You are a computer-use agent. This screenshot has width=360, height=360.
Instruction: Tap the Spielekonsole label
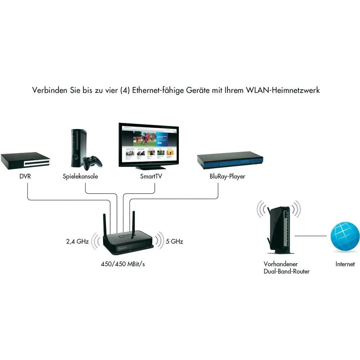80,177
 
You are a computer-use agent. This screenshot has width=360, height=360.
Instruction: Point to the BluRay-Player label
228,177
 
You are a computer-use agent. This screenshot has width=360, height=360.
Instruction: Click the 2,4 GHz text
77,242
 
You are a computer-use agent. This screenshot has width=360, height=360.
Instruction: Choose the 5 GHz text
175,242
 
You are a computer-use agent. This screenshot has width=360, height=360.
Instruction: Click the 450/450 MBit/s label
123,264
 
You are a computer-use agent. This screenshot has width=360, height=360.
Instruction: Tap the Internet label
345,264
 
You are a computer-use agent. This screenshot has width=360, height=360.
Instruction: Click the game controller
93,163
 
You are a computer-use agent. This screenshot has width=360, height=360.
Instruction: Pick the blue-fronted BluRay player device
230,162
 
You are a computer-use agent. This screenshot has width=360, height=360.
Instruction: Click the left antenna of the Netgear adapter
105,225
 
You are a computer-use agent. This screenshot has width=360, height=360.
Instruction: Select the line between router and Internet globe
311,236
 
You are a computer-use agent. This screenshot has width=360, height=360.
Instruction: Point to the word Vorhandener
281,264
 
